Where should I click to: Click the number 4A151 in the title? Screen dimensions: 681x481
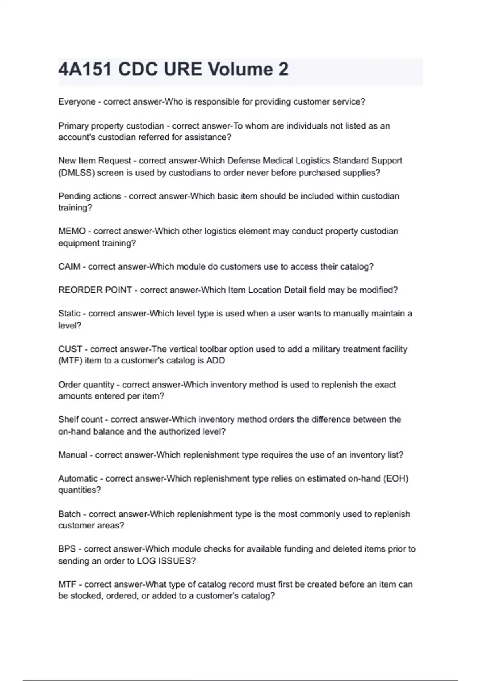tap(85, 70)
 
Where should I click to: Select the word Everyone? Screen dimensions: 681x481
tap(77, 102)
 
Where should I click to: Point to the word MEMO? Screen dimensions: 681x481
tap(72, 231)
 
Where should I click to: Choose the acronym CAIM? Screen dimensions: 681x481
tap(69, 267)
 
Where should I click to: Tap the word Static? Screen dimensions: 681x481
tap(69, 314)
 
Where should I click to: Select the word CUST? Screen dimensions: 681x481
tap(70, 349)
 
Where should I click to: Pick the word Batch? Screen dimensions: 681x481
tap(69, 514)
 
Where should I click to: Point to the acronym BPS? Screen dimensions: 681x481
tap(67, 549)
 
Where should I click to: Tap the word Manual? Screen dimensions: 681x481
tap(73, 455)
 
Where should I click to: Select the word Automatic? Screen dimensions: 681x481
tap(78, 479)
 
